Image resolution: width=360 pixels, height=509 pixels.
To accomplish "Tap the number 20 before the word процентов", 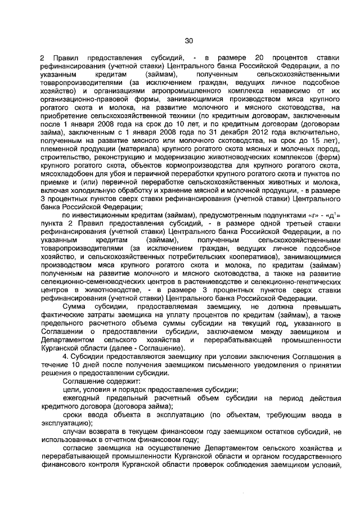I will [x=260, y=58].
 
